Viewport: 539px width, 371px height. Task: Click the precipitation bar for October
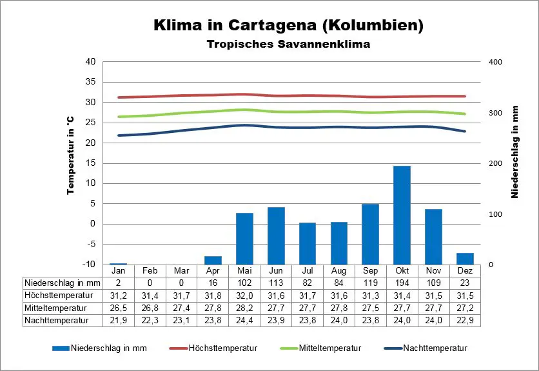(x=402, y=215)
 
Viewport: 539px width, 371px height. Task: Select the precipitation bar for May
(x=244, y=238)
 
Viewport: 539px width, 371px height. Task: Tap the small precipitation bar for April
(x=213, y=260)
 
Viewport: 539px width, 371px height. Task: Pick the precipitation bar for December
(x=465, y=258)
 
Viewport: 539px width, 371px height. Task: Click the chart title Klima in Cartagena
(x=288, y=25)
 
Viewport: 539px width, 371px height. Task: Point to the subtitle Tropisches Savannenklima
(x=288, y=45)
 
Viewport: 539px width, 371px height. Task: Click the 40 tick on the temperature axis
(x=90, y=62)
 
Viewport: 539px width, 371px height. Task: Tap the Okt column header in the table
(x=402, y=270)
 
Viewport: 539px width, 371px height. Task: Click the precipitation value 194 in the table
(x=402, y=283)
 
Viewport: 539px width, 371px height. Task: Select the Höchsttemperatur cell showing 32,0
(x=244, y=295)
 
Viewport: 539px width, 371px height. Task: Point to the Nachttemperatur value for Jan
(x=118, y=319)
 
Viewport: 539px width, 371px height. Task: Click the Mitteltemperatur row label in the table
(x=56, y=307)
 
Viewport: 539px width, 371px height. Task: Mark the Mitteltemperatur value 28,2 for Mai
(x=244, y=307)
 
